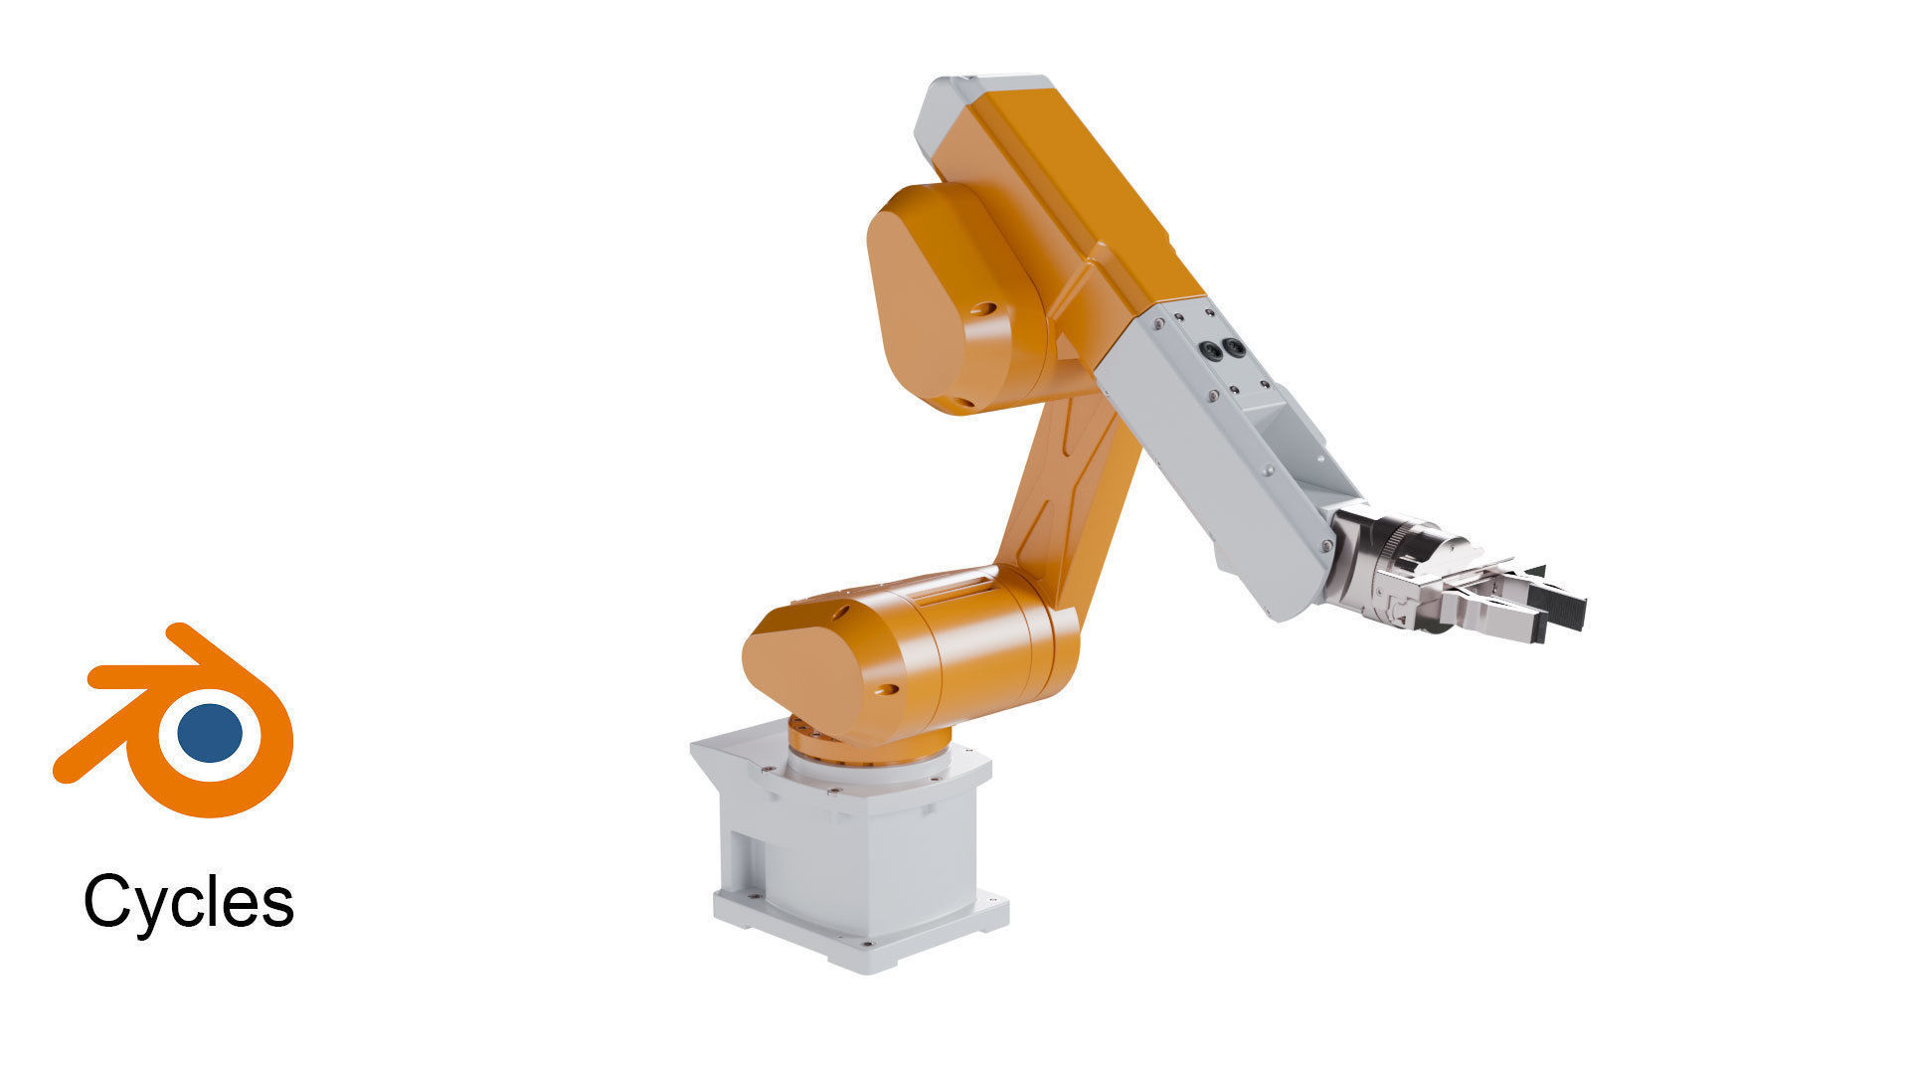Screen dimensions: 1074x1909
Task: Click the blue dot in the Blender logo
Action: point(210,733)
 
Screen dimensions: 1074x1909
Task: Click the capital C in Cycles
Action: point(109,900)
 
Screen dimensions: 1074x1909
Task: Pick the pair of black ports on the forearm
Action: point(1222,349)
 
